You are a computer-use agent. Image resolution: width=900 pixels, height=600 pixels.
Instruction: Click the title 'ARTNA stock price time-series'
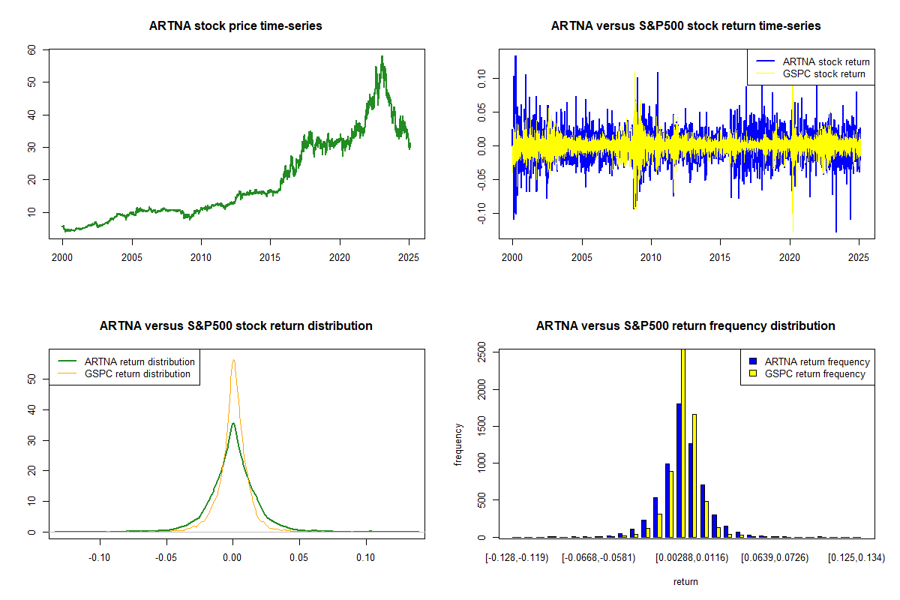click(x=236, y=26)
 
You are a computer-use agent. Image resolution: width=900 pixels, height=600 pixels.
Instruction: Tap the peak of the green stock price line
click(x=382, y=57)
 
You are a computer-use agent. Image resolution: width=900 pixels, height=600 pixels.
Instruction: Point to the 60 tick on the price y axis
click(x=31, y=49)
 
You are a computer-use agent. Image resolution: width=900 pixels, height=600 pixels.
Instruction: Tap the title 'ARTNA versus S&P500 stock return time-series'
click(x=685, y=26)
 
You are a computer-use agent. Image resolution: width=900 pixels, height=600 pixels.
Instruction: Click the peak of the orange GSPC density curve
click(x=233, y=360)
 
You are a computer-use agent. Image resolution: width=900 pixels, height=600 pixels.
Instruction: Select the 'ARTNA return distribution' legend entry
click(x=139, y=361)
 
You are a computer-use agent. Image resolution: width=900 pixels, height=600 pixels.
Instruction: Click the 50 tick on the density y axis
click(x=31, y=379)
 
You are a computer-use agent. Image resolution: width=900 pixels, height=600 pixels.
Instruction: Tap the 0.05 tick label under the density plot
click(x=299, y=557)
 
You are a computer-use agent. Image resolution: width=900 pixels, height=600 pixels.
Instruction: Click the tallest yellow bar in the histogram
click(x=682, y=442)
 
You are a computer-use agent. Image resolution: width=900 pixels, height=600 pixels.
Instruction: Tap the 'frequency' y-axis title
click(x=458, y=445)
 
